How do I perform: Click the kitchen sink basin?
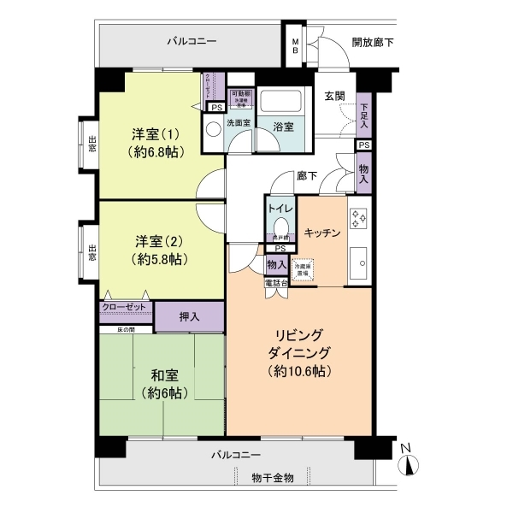coord(359,258)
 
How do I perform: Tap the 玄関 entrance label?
coord(334,96)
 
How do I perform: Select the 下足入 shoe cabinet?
coord(364,115)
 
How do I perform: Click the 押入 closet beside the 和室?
coord(190,316)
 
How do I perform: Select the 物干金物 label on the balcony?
coord(273,478)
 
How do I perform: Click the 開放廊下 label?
coord(373,42)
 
